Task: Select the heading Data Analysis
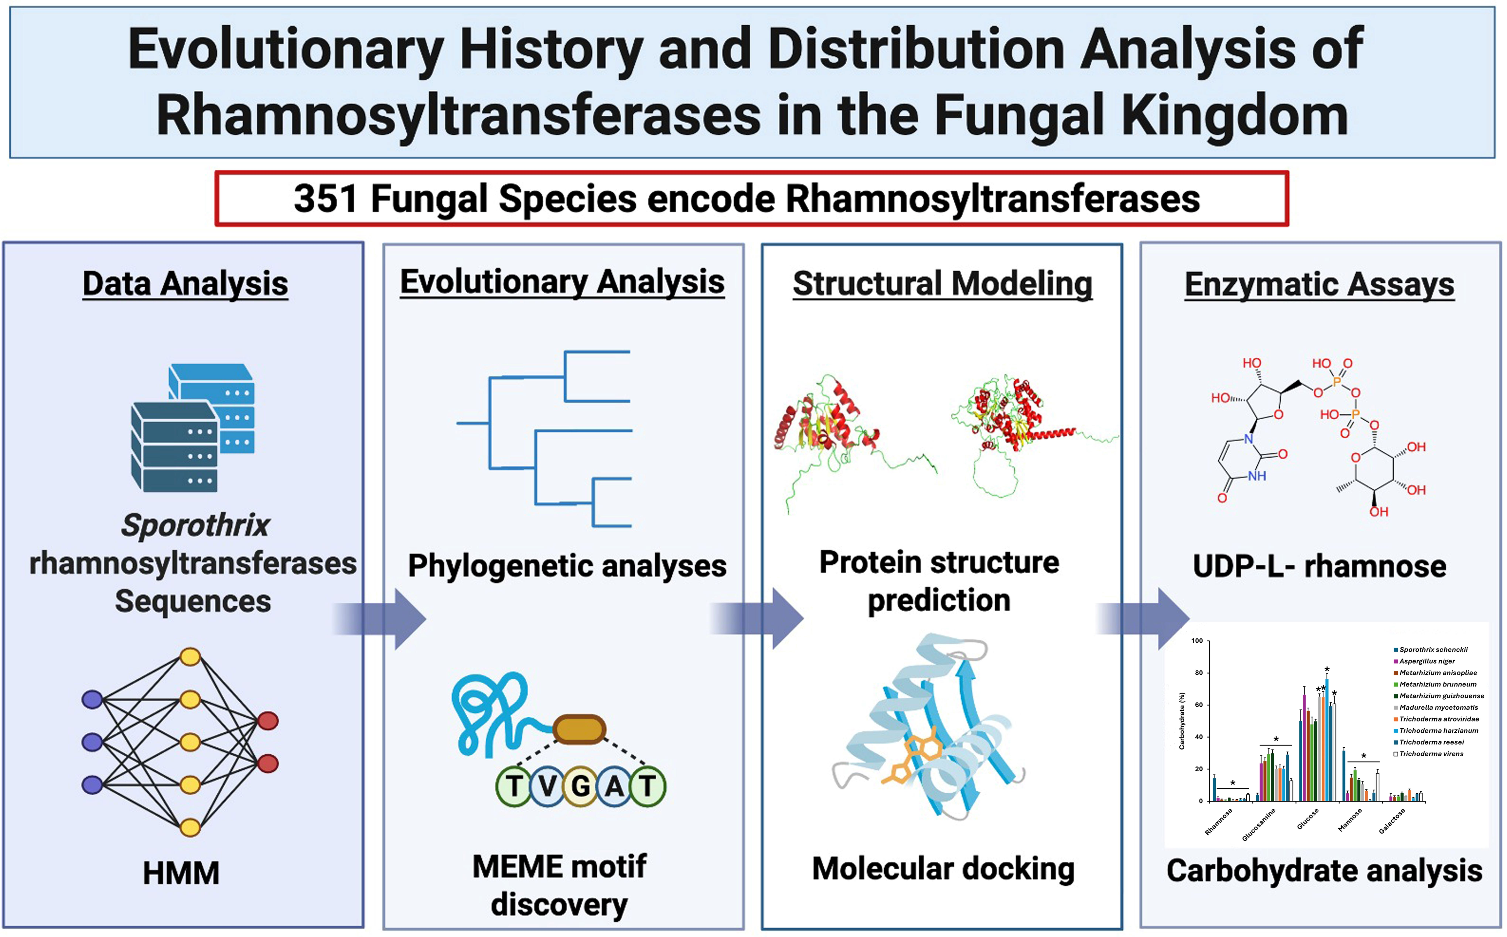(x=185, y=284)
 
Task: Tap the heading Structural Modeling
(x=942, y=284)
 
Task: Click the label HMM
(x=181, y=873)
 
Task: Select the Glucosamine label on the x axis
(x=1258, y=825)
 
